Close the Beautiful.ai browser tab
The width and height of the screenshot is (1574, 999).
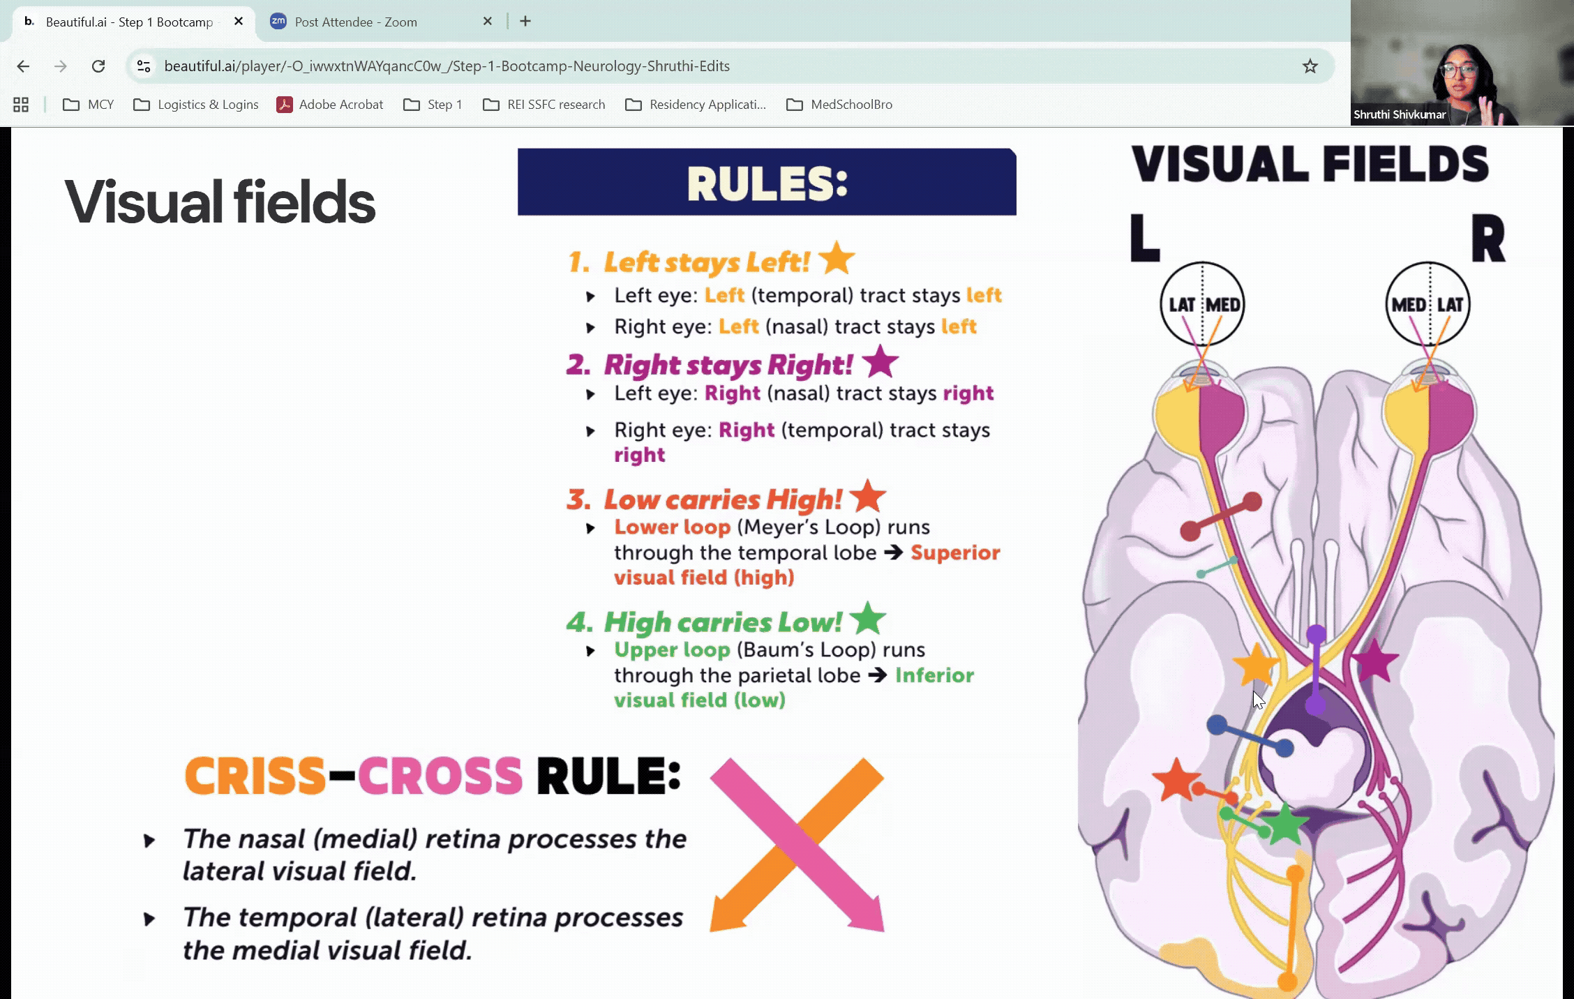click(x=239, y=22)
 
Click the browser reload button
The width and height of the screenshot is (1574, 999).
click(x=98, y=66)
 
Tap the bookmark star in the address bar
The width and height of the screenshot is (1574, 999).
click(x=1310, y=66)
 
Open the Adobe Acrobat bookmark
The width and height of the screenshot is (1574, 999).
click(x=330, y=105)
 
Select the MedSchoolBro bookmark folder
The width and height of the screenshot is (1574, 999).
click(x=839, y=105)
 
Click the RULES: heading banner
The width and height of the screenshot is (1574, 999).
click(x=767, y=182)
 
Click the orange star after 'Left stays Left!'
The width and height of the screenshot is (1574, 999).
click(x=837, y=258)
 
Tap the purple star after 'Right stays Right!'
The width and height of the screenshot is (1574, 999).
click(x=880, y=361)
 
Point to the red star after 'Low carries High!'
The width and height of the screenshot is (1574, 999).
click(x=868, y=497)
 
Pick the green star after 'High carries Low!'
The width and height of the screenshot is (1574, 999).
click(x=868, y=619)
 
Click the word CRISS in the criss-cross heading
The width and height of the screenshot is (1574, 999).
click(x=255, y=776)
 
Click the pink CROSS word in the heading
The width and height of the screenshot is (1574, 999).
click(x=440, y=776)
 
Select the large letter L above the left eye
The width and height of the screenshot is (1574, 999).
click(x=1145, y=238)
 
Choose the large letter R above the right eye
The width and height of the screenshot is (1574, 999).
click(x=1488, y=238)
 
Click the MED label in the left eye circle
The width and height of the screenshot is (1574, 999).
click(x=1223, y=305)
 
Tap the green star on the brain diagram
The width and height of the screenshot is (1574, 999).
click(x=1285, y=824)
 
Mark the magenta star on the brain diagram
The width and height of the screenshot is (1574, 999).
click(x=1374, y=661)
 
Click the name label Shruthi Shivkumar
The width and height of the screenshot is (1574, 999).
click(x=1400, y=114)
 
